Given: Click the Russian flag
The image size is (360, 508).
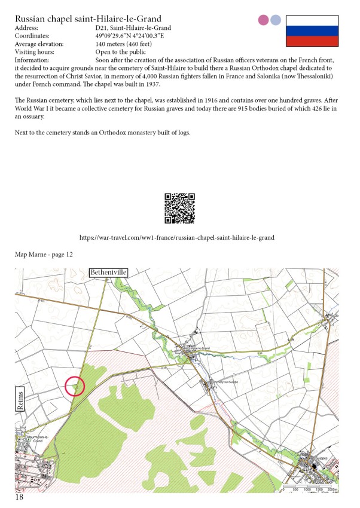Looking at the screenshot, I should pos(312,32).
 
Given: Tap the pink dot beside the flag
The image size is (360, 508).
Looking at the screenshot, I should pos(263,20).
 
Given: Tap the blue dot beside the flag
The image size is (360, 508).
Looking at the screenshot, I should pos(275,20).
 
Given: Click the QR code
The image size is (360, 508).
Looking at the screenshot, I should pos(179,208).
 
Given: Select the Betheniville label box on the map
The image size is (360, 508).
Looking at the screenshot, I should pos(108,273).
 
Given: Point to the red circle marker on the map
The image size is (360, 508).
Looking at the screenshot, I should pos(74,386).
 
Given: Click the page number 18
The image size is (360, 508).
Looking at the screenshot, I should pos(20,497).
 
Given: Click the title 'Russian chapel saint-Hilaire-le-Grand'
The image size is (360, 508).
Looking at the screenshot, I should pos(88,19).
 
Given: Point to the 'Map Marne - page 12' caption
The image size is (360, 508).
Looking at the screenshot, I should pos(44,255).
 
